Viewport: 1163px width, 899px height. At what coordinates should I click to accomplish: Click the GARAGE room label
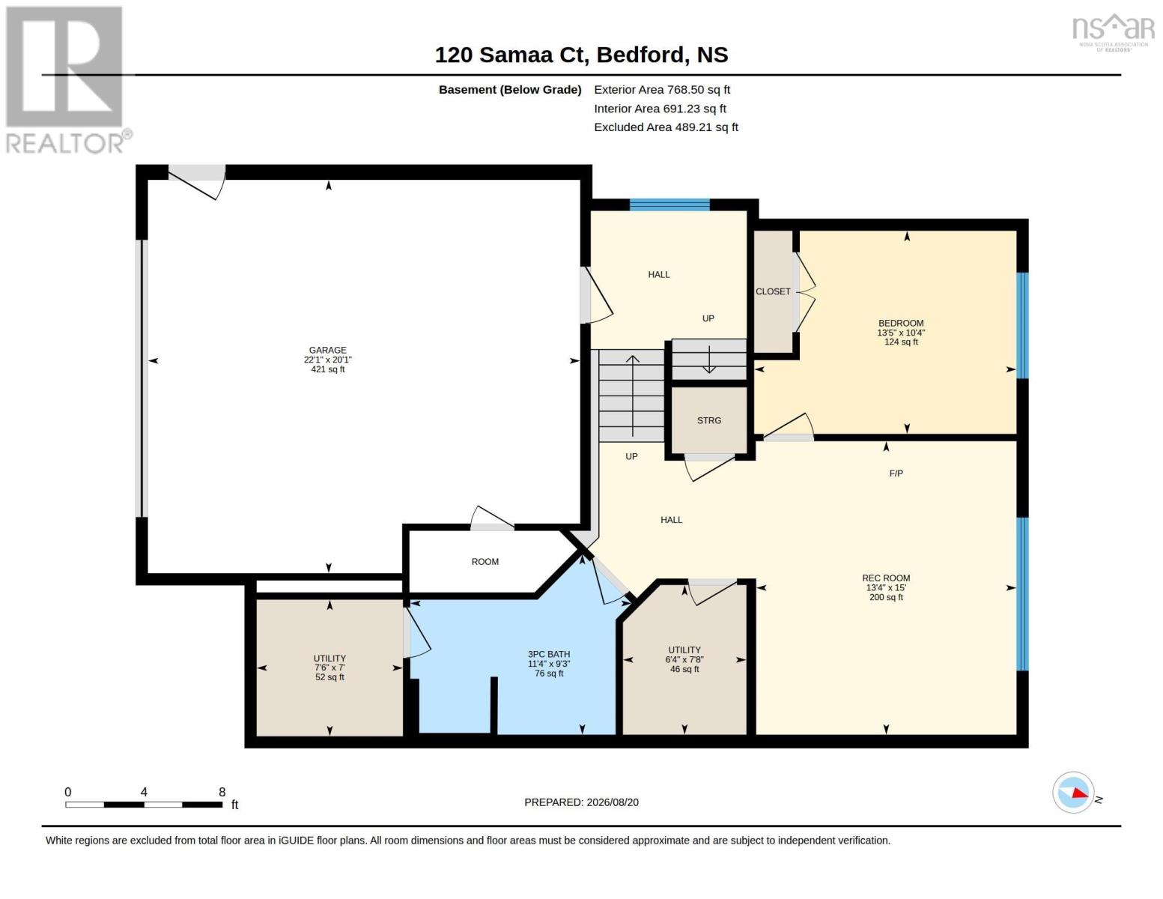click(x=327, y=350)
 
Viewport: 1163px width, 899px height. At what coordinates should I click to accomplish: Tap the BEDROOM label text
click(x=901, y=324)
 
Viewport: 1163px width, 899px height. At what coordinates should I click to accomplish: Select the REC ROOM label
click(x=886, y=578)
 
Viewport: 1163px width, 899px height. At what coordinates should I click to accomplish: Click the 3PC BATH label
click(x=549, y=654)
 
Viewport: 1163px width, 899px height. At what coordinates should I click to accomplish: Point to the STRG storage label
click(x=708, y=421)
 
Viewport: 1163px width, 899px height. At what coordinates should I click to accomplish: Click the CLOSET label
click(x=773, y=292)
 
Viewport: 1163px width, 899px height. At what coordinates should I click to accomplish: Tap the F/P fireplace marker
click(x=896, y=473)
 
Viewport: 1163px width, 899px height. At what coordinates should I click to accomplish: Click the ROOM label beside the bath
click(x=485, y=562)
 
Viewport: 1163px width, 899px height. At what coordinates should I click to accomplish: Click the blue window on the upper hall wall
click(x=669, y=205)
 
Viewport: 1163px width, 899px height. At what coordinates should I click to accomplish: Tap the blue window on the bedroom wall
click(x=1022, y=326)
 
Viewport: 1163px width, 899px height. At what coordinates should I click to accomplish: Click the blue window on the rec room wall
click(x=1022, y=594)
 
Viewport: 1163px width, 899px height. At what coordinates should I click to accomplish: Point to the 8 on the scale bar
click(x=222, y=792)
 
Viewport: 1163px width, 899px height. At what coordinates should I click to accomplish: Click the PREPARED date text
click(x=581, y=802)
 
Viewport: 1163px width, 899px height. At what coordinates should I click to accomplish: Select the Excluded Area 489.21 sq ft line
click(x=666, y=127)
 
